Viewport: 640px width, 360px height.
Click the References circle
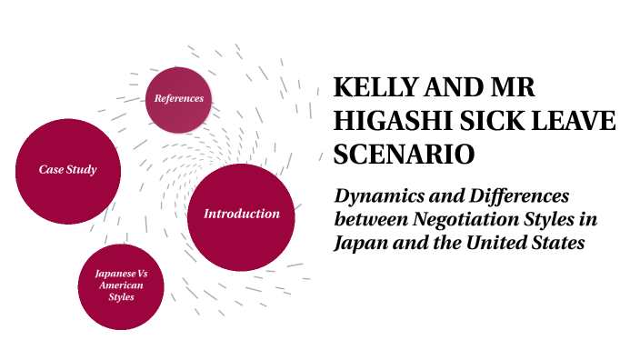click(x=178, y=98)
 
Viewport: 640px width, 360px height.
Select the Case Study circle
click(x=67, y=170)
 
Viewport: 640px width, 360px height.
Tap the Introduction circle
click(x=241, y=215)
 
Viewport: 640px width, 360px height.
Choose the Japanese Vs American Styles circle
click(x=120, y=285)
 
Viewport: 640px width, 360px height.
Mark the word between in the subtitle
click(x=369, y=220)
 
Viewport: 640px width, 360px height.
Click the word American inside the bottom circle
click(x=120, y=285)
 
